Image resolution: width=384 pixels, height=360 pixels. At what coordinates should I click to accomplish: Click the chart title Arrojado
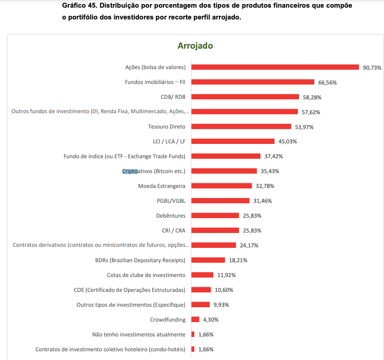tap(195, 46)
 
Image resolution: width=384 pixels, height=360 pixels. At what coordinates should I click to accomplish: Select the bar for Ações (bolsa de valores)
tap(275, 67)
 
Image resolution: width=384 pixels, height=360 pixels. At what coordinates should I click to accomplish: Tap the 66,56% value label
tap(328, 82)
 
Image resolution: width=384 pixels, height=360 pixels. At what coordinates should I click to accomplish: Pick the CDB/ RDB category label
tap(173, 97)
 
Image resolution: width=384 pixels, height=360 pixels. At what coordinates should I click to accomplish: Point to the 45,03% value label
tap(288, 141)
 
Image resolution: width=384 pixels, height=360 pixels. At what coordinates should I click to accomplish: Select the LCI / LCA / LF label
tap(166, 141)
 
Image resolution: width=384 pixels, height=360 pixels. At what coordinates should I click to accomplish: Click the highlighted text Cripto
tap(130, 171)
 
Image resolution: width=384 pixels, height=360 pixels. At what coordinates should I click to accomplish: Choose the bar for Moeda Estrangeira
tap(221, 186)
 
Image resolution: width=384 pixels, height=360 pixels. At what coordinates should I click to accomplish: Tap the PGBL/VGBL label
tap(171, 201)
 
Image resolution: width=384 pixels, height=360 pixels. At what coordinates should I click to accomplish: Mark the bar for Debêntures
tap(215, 216)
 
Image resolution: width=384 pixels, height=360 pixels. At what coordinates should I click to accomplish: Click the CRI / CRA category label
tap(173, 230)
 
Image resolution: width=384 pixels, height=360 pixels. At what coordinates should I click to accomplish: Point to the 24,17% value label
tap(249, 245)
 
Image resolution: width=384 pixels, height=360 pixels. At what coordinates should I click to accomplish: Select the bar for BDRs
tap(208, 260)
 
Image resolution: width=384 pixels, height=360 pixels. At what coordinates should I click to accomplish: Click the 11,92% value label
tap(227, 275)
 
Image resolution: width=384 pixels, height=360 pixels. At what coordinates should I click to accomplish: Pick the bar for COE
tap(201, 290)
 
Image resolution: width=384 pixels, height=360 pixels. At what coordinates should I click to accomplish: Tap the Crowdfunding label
tap(167, 320)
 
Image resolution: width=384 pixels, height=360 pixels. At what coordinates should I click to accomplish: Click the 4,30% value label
tap(211, 320)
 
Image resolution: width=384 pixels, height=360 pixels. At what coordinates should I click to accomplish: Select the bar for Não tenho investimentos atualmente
tap(193, 334)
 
